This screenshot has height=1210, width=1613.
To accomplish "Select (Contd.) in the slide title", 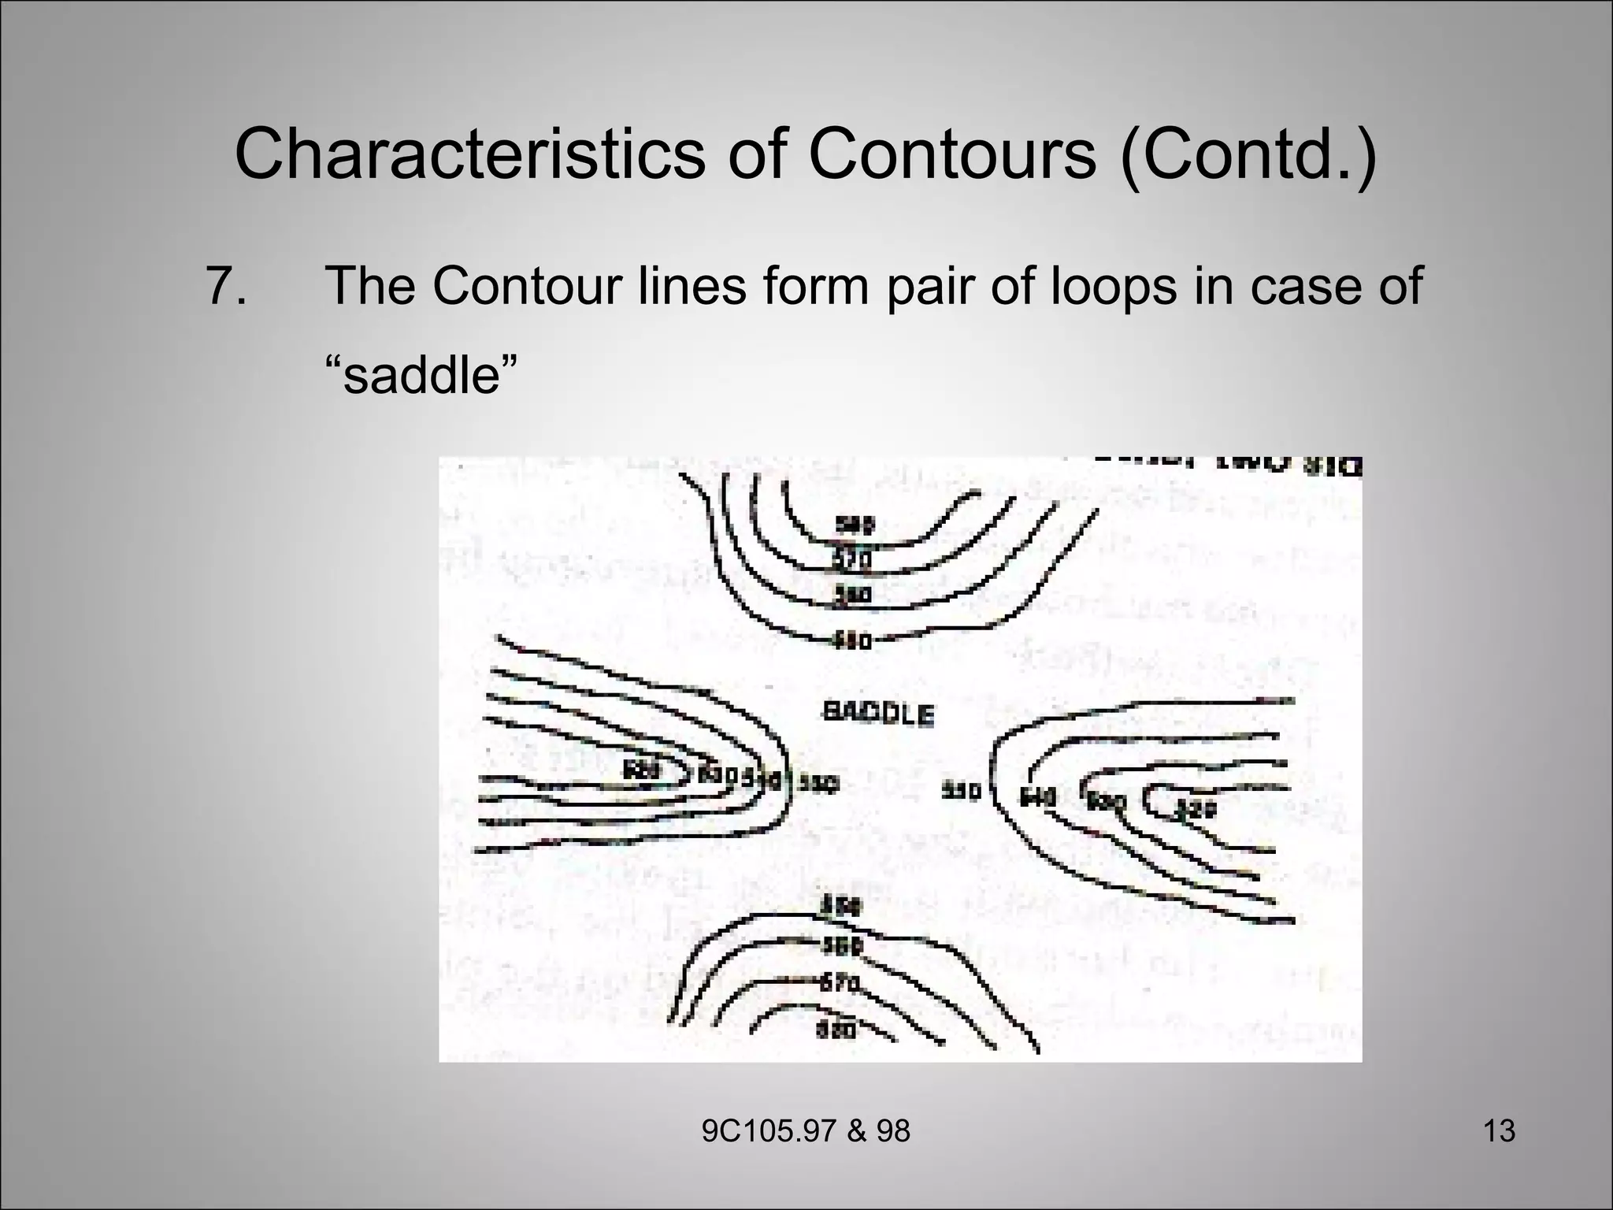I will [1248, 155].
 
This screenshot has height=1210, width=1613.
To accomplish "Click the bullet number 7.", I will [225, 285].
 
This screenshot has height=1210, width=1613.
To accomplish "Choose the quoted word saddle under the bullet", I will [422, 376].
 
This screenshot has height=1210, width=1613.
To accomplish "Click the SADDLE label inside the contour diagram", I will [878, 714].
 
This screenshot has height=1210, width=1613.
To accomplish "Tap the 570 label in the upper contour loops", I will [852, 560].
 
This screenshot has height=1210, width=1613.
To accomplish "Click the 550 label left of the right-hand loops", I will [962, 790].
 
